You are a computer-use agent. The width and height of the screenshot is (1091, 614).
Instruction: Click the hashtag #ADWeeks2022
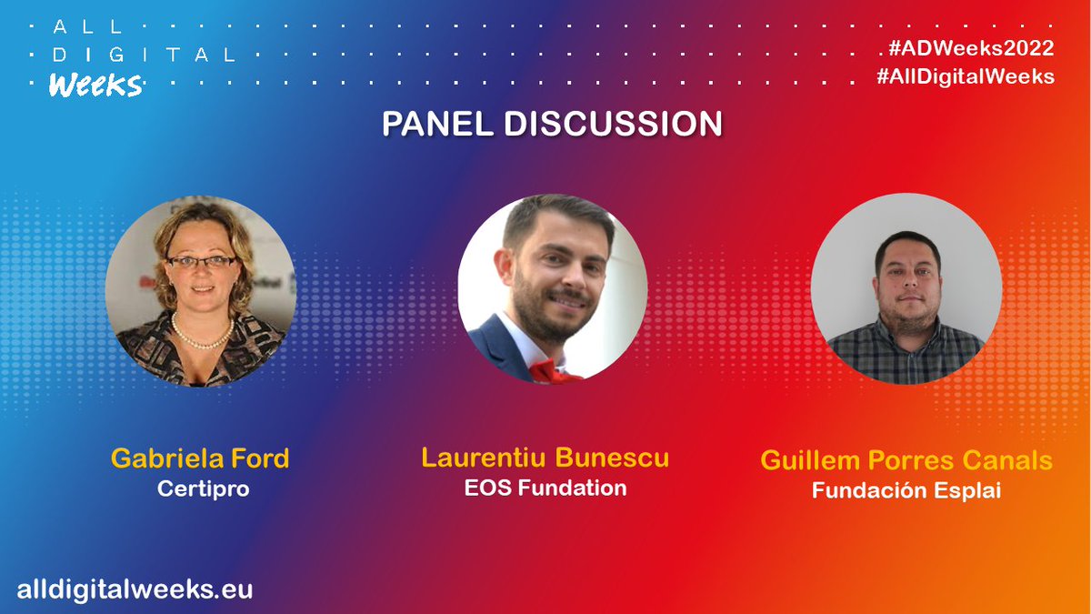pyautogui.click(x=966, y=48)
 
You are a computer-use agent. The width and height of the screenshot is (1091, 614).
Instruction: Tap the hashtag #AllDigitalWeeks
pyautogui.click(x=966, y=76)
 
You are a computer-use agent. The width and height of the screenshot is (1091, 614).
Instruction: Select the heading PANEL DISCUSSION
pyautogui.click(x=552, y=124)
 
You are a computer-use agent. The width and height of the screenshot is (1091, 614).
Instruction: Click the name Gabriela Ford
pyautogui.click(x=200, y=458)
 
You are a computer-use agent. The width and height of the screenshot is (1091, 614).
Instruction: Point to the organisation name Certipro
pyautogui.click(x=203, y=488)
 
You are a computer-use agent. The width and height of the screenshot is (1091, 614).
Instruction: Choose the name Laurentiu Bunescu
pyautogui.click(x=545, y=457)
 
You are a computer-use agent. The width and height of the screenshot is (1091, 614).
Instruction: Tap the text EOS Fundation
pyautogui.click(x=545, y=488)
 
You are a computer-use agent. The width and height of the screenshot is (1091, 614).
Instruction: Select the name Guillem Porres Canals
pyautogui.click(x=906, y=459)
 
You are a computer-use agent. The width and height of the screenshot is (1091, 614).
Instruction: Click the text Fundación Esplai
pyautogui.click(x=906, y=490)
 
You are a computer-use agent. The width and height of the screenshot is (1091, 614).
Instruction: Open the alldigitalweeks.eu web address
pyautogui.click(x=135, y=589)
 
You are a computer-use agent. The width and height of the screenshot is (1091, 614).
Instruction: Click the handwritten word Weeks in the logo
pyautogui.click(x=95, y=86)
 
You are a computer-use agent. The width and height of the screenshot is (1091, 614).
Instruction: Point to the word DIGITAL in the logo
pyautogui.click(x=143, y=55)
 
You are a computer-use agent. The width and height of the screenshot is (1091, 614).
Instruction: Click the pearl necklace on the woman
pyautogui.click(x=202, y=337)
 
